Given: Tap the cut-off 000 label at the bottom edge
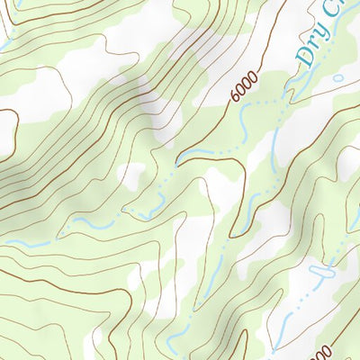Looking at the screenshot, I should point(324,350).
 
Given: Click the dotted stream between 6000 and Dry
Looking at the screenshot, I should point(270,103).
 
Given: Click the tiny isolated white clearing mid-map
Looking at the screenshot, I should point(133,175).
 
